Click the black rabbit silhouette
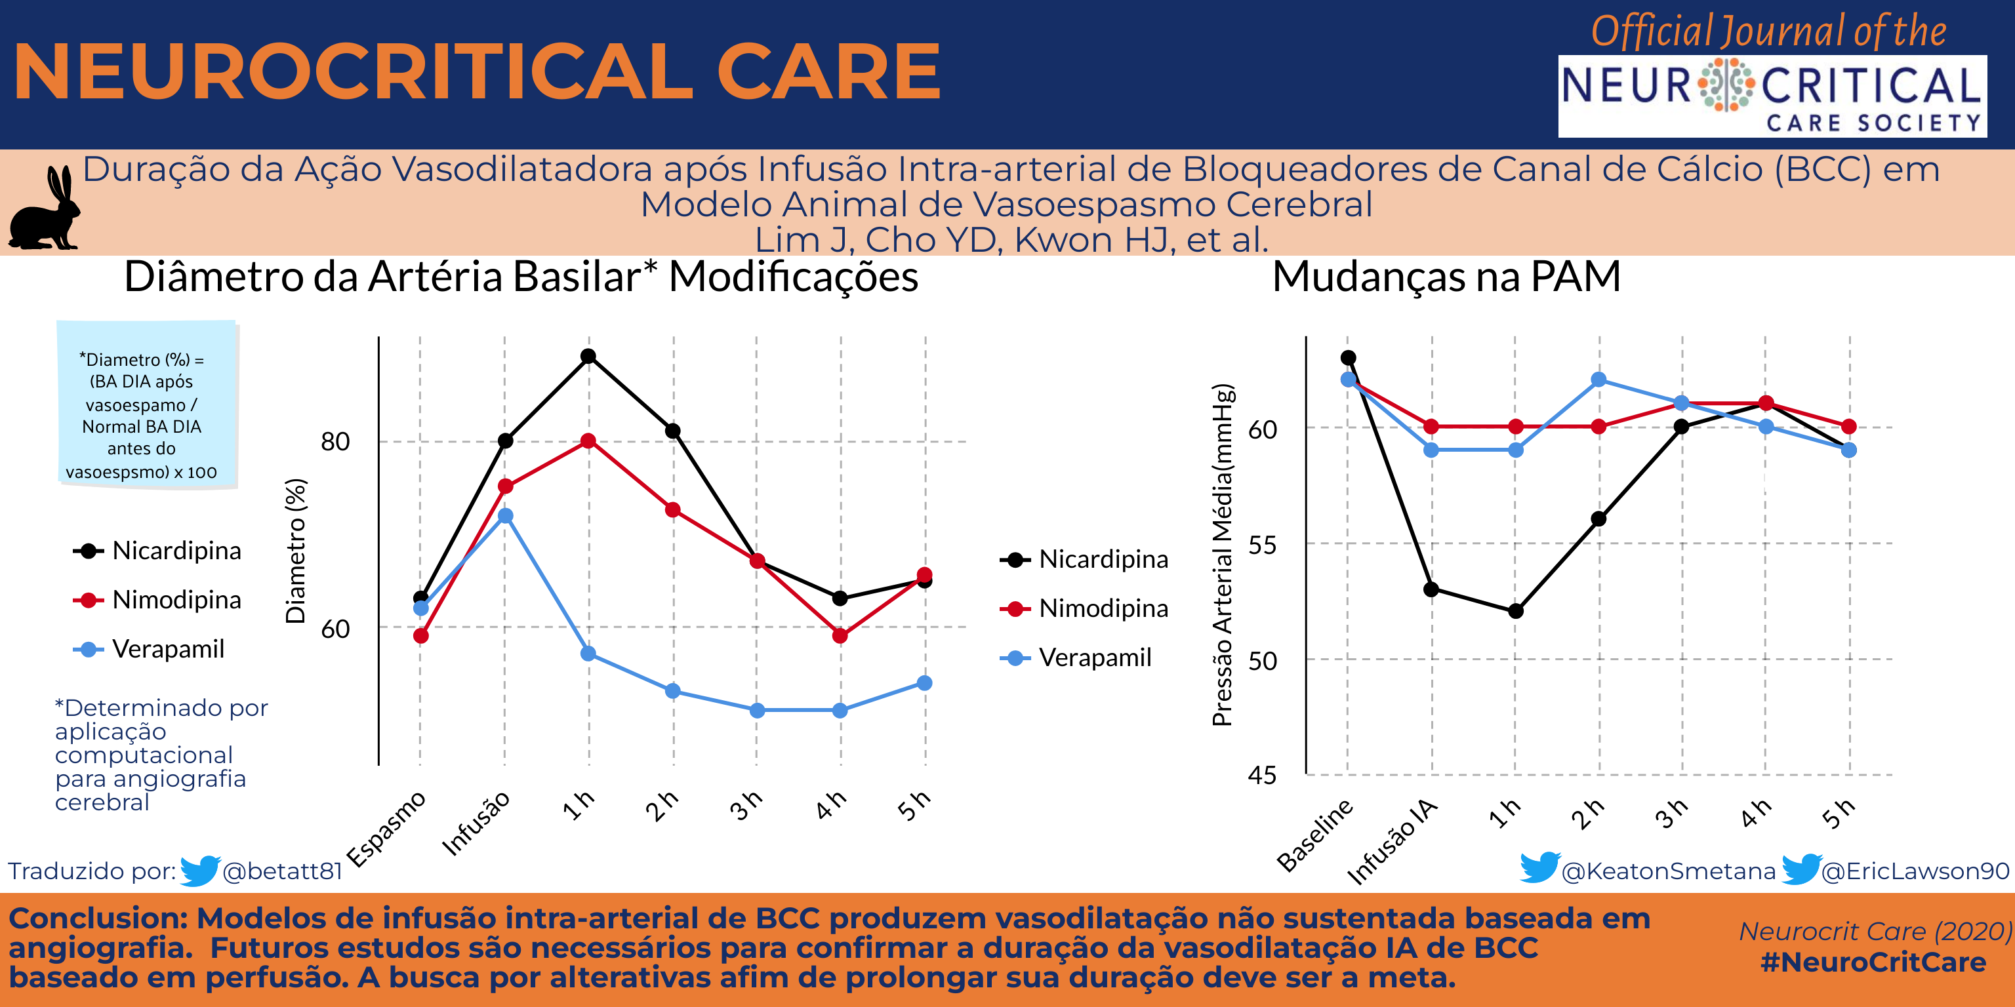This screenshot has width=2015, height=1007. (x=45, y=211)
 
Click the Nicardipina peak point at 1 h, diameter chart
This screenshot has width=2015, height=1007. (x=588, y=357)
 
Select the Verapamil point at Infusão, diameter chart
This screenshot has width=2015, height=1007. (x=505, y=516)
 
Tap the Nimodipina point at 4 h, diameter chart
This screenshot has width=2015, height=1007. (x=840, y=636)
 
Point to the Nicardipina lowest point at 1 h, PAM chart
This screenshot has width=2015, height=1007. (x=1515, y=610)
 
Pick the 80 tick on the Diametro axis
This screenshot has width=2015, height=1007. (x=336, y=442)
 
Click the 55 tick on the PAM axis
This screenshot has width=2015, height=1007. (x=1262, y=545)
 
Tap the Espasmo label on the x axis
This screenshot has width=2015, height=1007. (x=386, y=829)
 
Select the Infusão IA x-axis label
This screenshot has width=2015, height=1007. (x=1393, y=841)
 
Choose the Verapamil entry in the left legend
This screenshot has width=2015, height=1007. (x=168, y=649)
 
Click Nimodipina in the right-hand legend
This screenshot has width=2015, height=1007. (x=1103, y=608)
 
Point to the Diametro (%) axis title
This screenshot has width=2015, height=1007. (x=296, y=551)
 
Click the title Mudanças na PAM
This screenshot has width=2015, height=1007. (x=1446, y=277)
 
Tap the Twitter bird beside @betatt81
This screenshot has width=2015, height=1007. (x=199, y=870)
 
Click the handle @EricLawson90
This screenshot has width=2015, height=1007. (x=1915, y=871)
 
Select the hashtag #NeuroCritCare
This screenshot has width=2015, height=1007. (x=1873, y=962)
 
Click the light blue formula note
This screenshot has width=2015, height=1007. (x=147, y=405)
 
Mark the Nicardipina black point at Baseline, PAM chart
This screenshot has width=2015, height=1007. (x=1349, y=358)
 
